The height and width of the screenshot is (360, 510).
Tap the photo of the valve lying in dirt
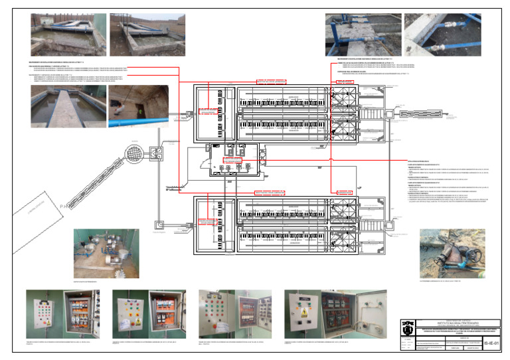click(452, 253)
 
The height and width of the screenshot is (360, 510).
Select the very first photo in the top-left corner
click(68, 35)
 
